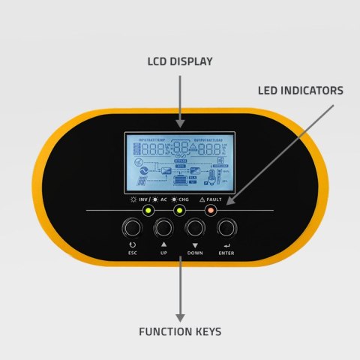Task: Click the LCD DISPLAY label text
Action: (x=179, y=60)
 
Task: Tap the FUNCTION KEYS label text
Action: (x=180, y=331)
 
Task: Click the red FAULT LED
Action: (x=211, y=211)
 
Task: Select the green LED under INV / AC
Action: (x=148, y=211)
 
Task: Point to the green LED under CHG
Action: (x=179, y=211)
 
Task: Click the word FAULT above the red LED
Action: (x=216, y=200)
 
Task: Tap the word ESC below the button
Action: (x=133, y=253)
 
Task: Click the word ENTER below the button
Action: (x=226, y=253)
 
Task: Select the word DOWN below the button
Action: (x=195, y=253)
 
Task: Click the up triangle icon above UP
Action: (x=163, y=244)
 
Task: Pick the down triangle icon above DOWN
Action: (x=195, y=244)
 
